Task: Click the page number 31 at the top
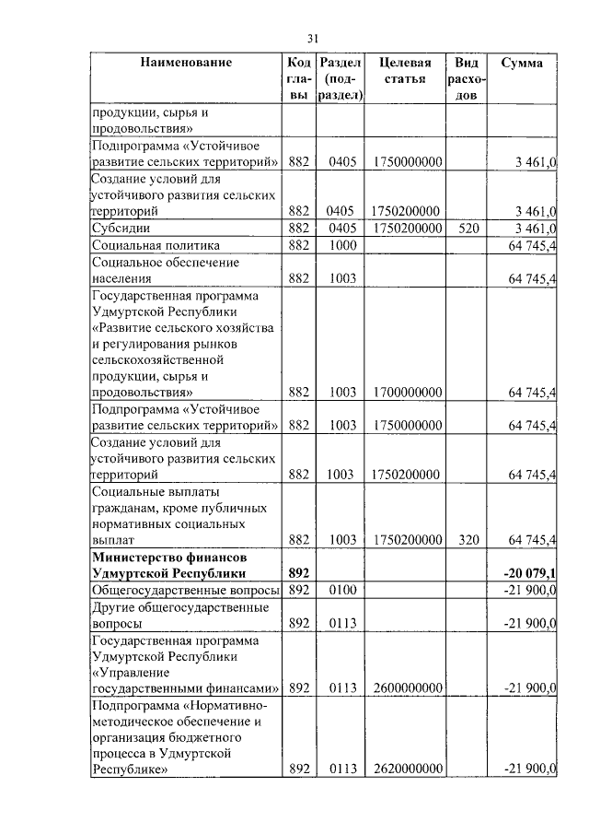312,38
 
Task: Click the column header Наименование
186,64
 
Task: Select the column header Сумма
522,64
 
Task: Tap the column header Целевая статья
405,71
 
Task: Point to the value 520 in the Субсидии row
467,227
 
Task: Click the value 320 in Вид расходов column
467,540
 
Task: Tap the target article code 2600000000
406,687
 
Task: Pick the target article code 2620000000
406,769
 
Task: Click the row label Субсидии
120,228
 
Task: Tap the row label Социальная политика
156,246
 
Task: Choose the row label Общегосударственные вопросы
184,590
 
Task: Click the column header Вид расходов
467,78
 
